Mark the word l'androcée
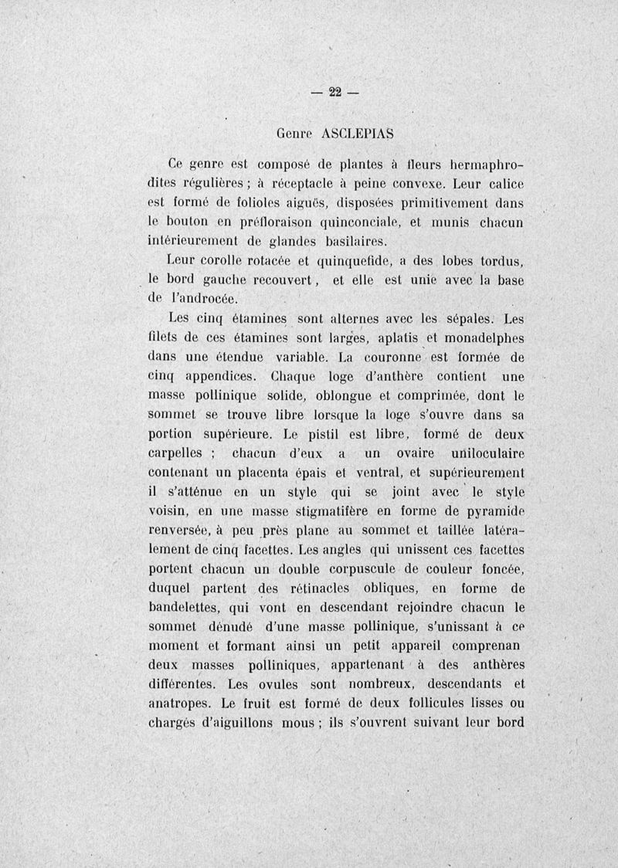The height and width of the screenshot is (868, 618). coord(202,298)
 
